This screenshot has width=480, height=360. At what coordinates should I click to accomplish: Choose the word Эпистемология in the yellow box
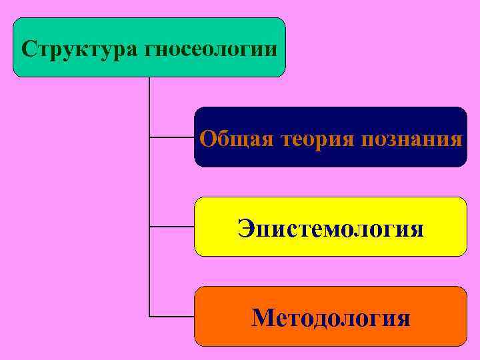pos(331,229)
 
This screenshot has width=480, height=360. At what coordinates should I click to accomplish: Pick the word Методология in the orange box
pos(331,318)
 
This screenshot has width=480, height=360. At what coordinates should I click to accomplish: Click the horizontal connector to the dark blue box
pos(171,138)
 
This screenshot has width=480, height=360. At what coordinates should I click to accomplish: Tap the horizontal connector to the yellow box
pos(171,227)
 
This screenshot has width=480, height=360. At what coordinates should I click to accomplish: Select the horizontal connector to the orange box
pos(171,315)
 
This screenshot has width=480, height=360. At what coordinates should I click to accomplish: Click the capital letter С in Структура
pos(28,49)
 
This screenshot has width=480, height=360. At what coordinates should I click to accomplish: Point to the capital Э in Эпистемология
pos(245,229)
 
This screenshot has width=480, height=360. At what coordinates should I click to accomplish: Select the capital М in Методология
pos(262,318)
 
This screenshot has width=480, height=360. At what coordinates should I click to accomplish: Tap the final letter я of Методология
pos(403,319)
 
